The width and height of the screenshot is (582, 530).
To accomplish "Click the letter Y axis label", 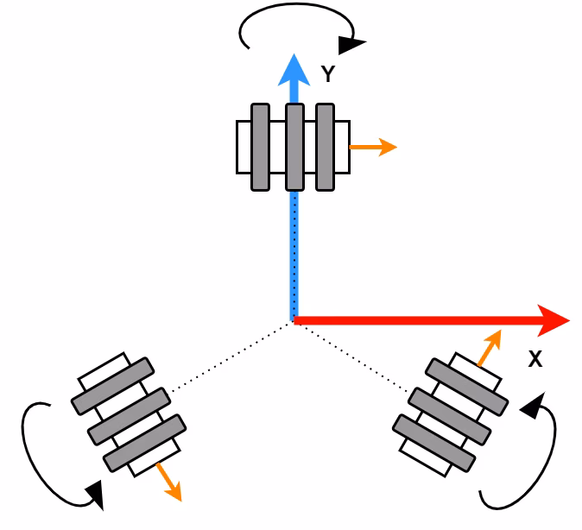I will click(328, 75).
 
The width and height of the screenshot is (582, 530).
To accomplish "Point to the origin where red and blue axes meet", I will click(294, 320).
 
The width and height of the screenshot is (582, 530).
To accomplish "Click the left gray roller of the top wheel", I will click(261, 147).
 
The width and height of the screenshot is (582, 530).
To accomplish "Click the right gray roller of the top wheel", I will click(325, 147).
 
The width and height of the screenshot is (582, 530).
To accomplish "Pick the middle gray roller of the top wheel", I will click(294, 147).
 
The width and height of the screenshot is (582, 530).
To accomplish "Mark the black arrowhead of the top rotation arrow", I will click(351, 42).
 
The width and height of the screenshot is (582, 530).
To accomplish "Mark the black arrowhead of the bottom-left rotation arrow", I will click(95, 495).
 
